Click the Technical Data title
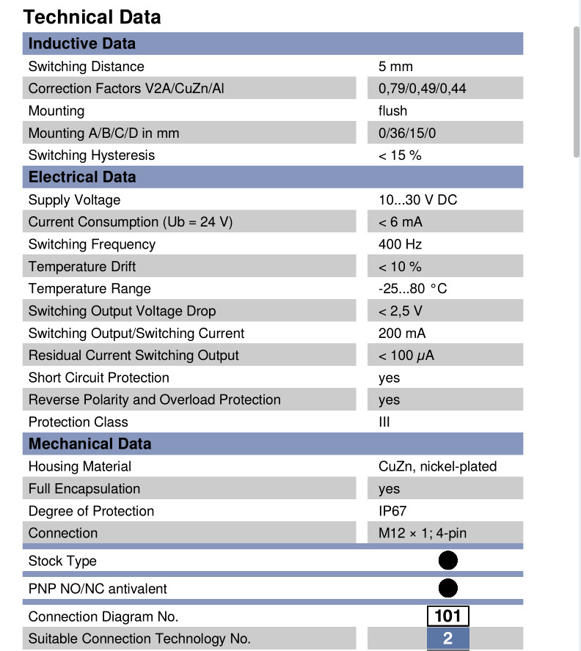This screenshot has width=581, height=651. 92,17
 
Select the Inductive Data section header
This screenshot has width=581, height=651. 81,43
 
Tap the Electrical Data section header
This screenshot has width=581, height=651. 81,177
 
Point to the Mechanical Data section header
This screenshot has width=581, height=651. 89,444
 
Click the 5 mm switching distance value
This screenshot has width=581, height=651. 395,67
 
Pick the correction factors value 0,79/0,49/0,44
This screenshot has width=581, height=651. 422,89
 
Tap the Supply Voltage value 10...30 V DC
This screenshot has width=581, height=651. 417,200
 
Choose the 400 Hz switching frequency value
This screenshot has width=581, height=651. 400,244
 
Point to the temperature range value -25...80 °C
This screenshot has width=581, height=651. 412,289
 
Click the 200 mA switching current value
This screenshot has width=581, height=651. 402,334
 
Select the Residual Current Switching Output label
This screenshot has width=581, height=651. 134,356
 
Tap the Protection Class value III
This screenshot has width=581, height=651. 384,422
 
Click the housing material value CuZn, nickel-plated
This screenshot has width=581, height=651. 437,466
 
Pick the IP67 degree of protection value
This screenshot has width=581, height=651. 392,511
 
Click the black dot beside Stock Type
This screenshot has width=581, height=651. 447,561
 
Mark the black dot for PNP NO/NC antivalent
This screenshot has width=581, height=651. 447,588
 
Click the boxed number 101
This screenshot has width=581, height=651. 447,616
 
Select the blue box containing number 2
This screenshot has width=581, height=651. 447,639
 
